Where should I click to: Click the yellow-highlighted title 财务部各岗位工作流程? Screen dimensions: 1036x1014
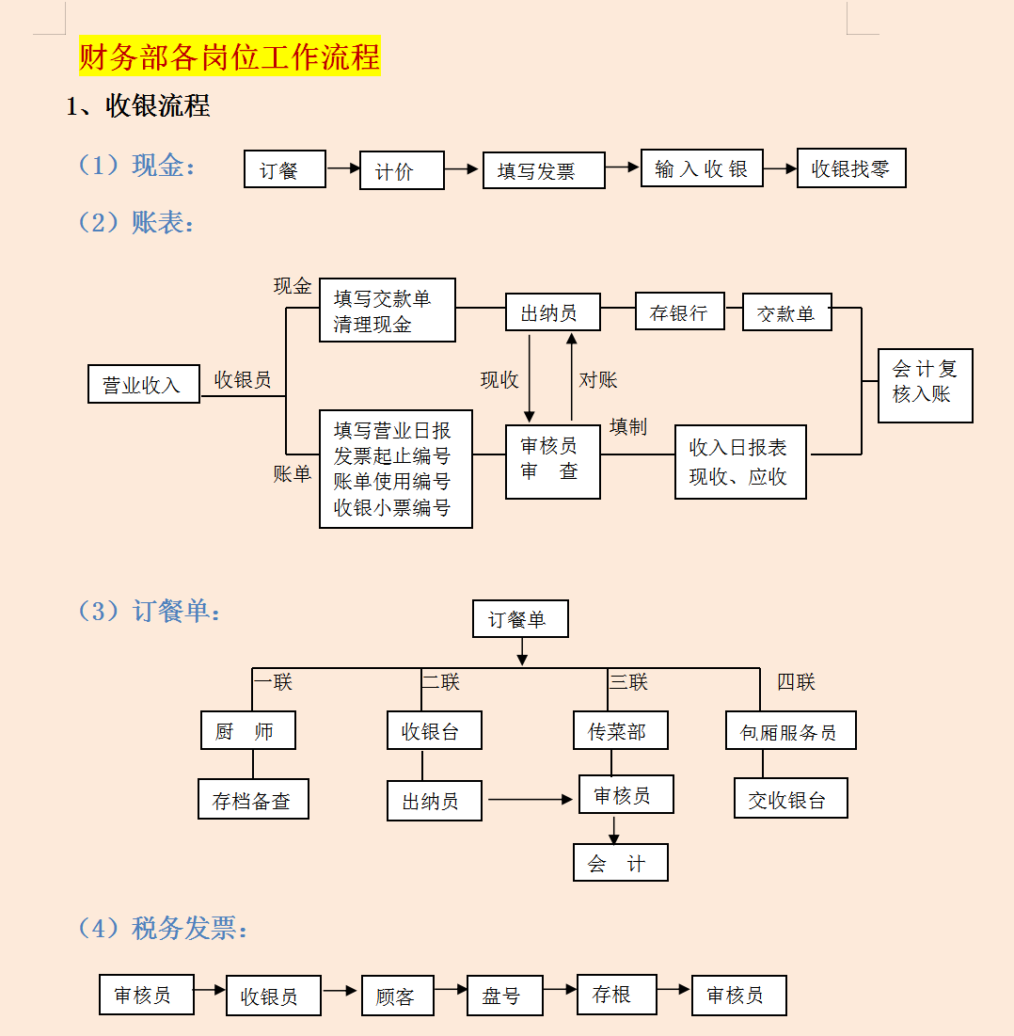click(x=230, y=56)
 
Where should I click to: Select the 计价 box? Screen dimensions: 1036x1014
click(x=401, y=171)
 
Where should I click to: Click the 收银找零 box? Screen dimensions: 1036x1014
click(x=850, y=168)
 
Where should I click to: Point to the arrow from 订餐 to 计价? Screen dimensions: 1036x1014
click(x=343, y=168)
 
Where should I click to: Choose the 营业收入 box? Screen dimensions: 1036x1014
click(x=144, y=384)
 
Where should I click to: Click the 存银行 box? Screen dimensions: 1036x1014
click(x=680, y=312)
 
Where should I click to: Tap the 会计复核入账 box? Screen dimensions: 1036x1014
click(x=925, y=385)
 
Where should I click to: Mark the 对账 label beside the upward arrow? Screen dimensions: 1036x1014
click(x=598, y=380)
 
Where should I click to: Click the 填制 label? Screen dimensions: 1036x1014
click(x=628, y=427)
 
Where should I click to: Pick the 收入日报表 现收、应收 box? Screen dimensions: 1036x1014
click(x=740, y=462)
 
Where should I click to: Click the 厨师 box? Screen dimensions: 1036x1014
click(x=247, y=730)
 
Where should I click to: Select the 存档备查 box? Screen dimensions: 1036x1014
click(x=253, y=799)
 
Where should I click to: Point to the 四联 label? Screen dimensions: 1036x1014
click(x=796, y=682)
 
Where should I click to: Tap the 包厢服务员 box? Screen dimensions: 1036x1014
click(x=790, y=730)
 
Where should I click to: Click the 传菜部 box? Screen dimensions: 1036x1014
click(x=620, y=730)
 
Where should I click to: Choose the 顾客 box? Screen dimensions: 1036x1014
click(x=397, y=996)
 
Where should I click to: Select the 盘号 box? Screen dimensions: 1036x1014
click(x=505, y=996)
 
